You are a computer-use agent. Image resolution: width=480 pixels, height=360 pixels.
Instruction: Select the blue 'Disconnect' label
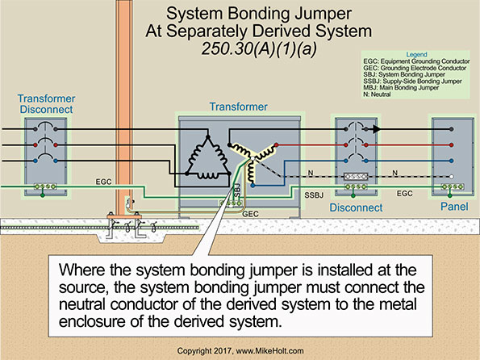click(355, 208)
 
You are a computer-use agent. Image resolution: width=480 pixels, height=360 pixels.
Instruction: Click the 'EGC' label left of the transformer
click(105, 182)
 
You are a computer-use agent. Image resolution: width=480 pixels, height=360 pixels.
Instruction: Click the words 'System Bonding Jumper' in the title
click(240, 15)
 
